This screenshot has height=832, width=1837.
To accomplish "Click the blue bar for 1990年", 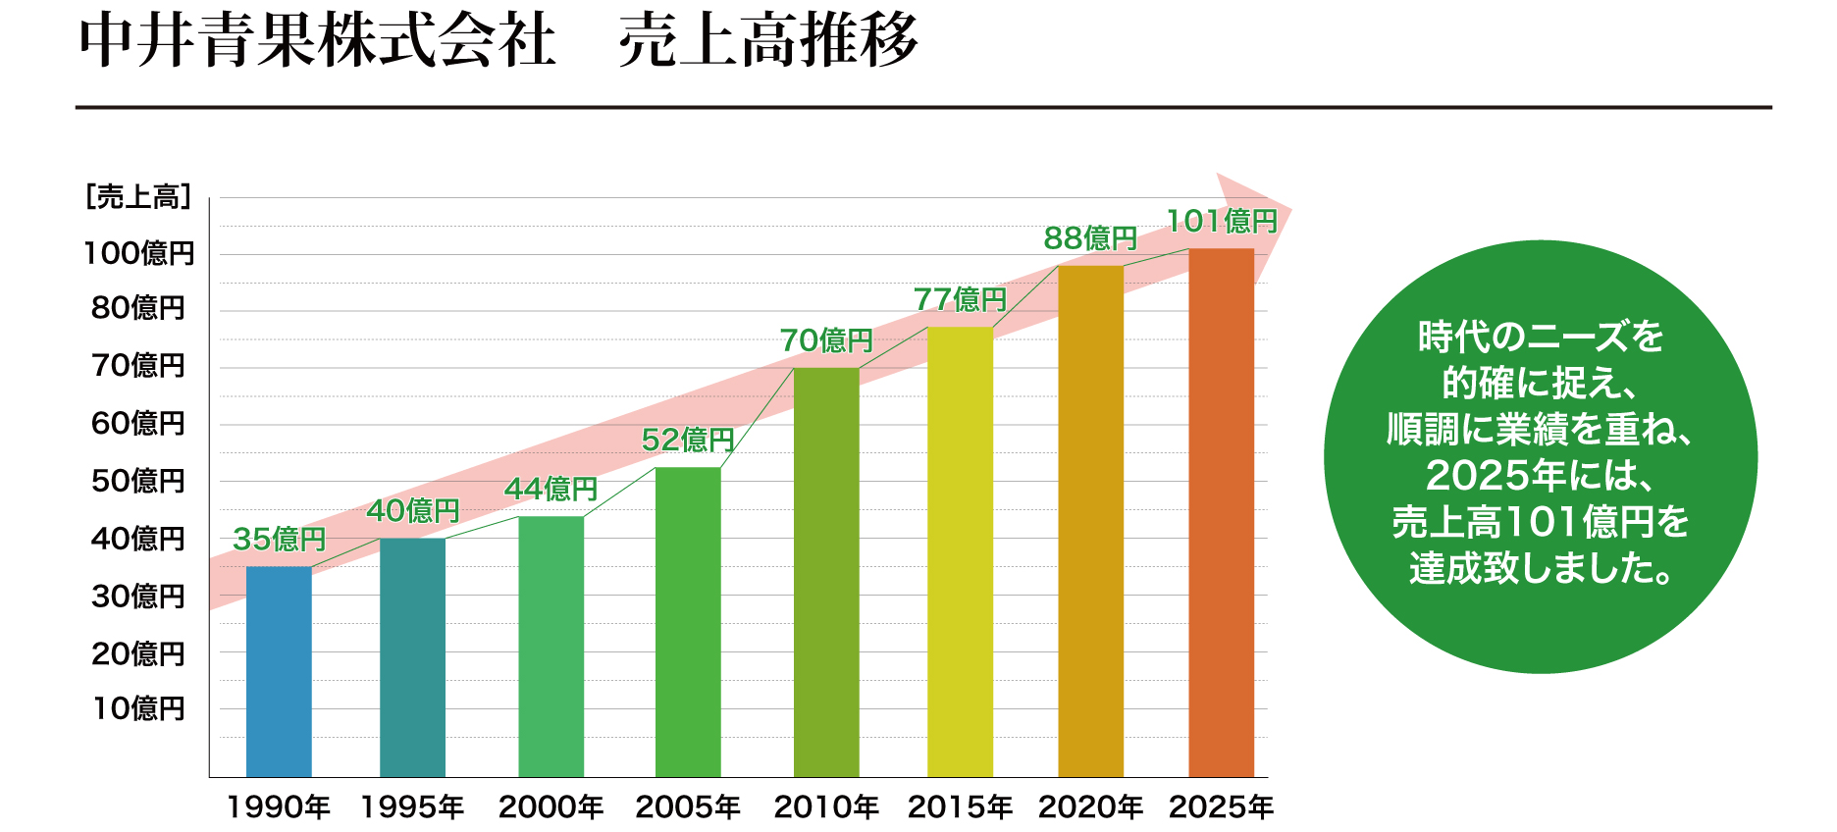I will tap(279, 671).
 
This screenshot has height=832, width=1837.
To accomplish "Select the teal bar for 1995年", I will tap(412, 657).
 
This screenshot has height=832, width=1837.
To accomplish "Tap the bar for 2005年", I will tap(688, 622).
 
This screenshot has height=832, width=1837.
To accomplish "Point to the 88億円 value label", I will tap(1090, 238).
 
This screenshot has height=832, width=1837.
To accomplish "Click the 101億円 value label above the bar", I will tap(1221, 222).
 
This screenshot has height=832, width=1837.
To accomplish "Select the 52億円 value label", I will tap(688, 441).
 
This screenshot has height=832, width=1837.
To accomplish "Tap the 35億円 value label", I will tap(279, 540).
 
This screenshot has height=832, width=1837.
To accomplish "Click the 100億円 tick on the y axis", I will tap(139, 254).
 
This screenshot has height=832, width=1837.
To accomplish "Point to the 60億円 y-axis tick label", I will tap(138, 424).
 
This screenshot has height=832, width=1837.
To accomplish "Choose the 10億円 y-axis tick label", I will tap(138, 708).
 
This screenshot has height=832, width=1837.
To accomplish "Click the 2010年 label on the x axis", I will tap(826, 807).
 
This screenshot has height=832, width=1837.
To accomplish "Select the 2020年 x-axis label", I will tap(1090, 807).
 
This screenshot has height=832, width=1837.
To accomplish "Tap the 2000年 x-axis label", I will tap(551, 807).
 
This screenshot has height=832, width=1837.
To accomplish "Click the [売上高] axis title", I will tap(138, 197).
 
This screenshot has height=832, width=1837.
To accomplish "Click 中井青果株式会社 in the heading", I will tap(318, 42).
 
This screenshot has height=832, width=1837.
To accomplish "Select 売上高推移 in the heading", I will tap(768, 42).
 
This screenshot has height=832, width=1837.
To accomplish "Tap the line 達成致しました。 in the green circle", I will tap(1541, 568).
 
